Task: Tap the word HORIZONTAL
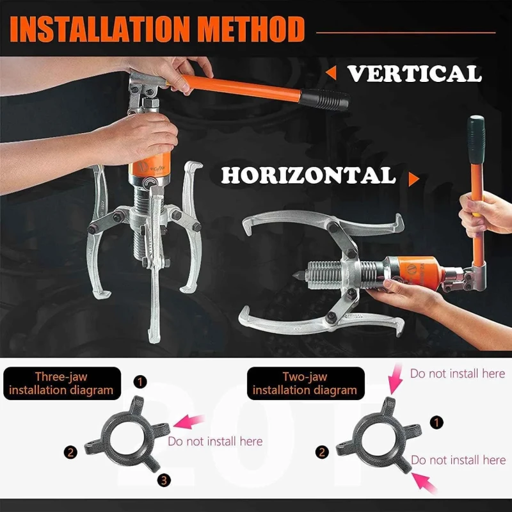pos(309,175)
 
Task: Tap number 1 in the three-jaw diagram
pos(140,382)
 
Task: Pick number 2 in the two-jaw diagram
pos(322,452)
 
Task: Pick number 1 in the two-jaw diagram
pos(437,422)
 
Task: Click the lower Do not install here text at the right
pos(458,460)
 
